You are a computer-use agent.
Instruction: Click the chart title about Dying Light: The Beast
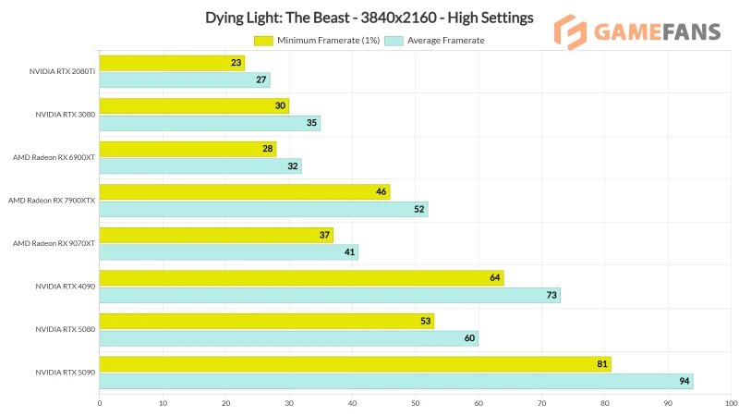pos(369,18)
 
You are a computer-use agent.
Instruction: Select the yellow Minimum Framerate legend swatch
pos(263,41)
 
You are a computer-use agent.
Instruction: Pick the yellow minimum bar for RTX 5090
pos(355,364)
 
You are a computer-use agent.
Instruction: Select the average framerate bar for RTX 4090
pos(330,295)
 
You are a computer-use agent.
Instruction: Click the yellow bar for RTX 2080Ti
pos(172,63)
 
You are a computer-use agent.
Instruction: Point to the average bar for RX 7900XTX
pos(263,209)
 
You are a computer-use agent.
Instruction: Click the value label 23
pos(236,63)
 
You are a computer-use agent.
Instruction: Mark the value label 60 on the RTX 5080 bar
pos(470,338)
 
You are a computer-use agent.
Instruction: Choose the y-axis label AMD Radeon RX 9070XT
pos(54,243)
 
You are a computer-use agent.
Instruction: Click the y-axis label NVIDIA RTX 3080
pos(66,114)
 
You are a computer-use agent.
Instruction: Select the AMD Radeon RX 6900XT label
pos(54,157)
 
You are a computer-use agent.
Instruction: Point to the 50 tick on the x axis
pos(416,403)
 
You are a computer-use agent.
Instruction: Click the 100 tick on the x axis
pos(732,403)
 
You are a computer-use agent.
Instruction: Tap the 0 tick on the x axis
pos(100,403)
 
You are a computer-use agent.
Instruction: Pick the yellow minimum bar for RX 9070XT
pos(216,235)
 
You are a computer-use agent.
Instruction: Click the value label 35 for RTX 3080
pos(312,123)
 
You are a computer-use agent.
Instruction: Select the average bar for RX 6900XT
pos(200,166)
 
